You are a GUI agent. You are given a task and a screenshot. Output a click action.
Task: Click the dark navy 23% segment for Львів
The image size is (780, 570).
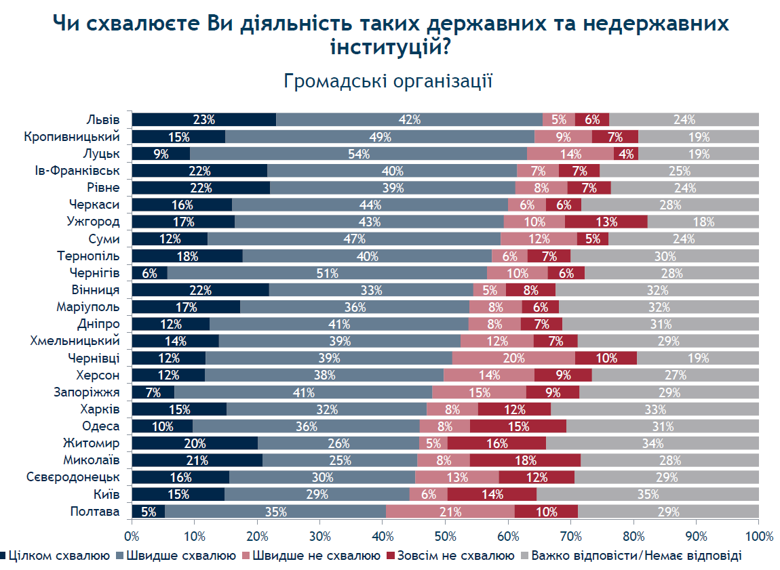pos(204,120)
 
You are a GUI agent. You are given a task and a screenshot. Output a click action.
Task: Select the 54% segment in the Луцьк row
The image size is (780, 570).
pos(358,154)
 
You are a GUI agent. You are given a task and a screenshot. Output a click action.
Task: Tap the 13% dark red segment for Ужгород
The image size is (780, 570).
pos(606,222)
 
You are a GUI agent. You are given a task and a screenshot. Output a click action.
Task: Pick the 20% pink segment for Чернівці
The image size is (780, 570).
pos(513,358)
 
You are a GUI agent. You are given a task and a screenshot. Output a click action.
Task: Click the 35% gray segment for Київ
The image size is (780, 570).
pos(648,494)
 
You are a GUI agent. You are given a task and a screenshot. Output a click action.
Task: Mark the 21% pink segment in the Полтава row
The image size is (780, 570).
pos(450,511)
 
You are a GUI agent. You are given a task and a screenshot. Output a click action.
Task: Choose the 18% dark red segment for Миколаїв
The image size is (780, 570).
pos(525,460)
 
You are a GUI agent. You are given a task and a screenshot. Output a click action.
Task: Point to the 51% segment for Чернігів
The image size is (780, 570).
pos(328,273)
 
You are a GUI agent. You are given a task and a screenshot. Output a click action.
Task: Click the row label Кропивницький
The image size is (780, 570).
pos(72,137)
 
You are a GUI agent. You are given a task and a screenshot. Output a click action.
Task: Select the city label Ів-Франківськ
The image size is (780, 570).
pos(77,170)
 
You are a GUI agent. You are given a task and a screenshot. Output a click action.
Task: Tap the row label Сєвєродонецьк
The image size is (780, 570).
pos(73,477)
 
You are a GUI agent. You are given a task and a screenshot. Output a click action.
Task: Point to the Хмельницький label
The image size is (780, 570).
pos(75,341)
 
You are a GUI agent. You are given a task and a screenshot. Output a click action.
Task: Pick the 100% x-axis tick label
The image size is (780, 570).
pos(760,536)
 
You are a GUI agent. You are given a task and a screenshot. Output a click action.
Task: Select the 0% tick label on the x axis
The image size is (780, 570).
pos(132,536)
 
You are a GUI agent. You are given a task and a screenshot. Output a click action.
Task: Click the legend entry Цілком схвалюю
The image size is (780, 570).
pos(55,556)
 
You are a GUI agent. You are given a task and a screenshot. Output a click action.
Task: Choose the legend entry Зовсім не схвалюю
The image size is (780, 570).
pos(451,556)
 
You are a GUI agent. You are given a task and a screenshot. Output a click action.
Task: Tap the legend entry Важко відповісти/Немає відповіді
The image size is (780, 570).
pos(631,556)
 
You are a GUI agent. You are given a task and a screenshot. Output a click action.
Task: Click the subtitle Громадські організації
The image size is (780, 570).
pos(388,81)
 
